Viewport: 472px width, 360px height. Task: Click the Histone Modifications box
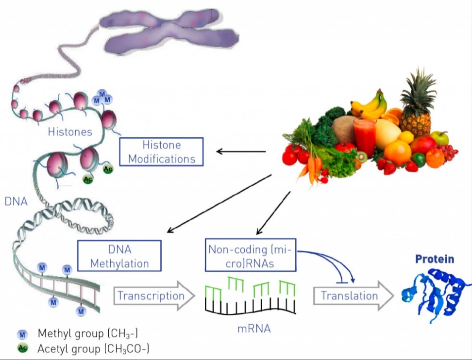click(161, 151)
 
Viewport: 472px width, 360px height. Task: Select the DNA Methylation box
click(119, 256)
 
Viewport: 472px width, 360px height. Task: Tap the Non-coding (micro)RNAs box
click(251, 256)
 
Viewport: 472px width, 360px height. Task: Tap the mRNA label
click(254, 329)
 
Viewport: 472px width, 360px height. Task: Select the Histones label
click(70, 131)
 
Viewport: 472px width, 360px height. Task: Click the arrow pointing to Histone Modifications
click(241, 152)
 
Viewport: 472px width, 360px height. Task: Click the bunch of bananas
click(369, 104)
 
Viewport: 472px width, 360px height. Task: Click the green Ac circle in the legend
click(22, 348)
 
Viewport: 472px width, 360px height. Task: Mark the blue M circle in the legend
click(22, 334)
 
